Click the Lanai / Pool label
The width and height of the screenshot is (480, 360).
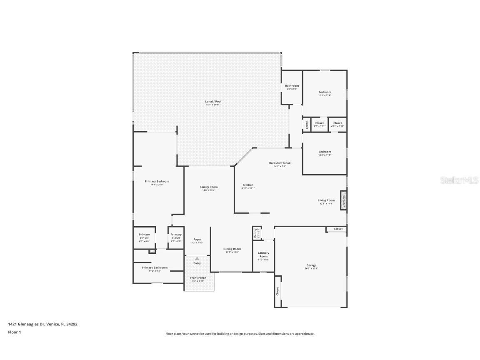pyautogui.click(x=213, y=102)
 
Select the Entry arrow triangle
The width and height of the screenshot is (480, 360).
pyautogui.click(x=197, y=259)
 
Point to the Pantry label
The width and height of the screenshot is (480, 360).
pyautogui.click(x=255, y=233)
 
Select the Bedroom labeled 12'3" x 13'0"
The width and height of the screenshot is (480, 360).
pyautogui.click(x=325, y=93)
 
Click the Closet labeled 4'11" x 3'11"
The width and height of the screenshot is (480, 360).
pyautogui.click(x=337, y=124)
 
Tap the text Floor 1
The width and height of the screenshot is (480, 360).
pyautogui.click(x=14, y=332)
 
